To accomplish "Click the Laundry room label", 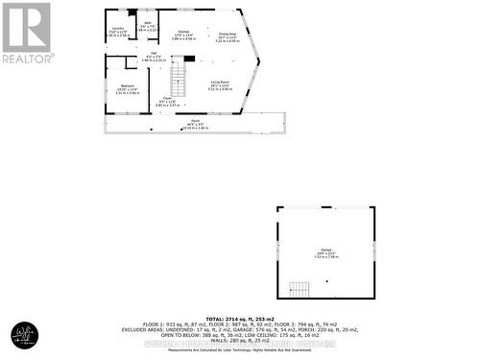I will point(116,30).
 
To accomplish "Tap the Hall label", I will point(154,57).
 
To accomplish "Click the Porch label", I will point(195,124).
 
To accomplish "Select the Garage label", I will point(325,252).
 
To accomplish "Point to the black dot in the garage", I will point(327,281).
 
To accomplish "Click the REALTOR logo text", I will point(27,59).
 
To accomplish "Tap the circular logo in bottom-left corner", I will point(22,336).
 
